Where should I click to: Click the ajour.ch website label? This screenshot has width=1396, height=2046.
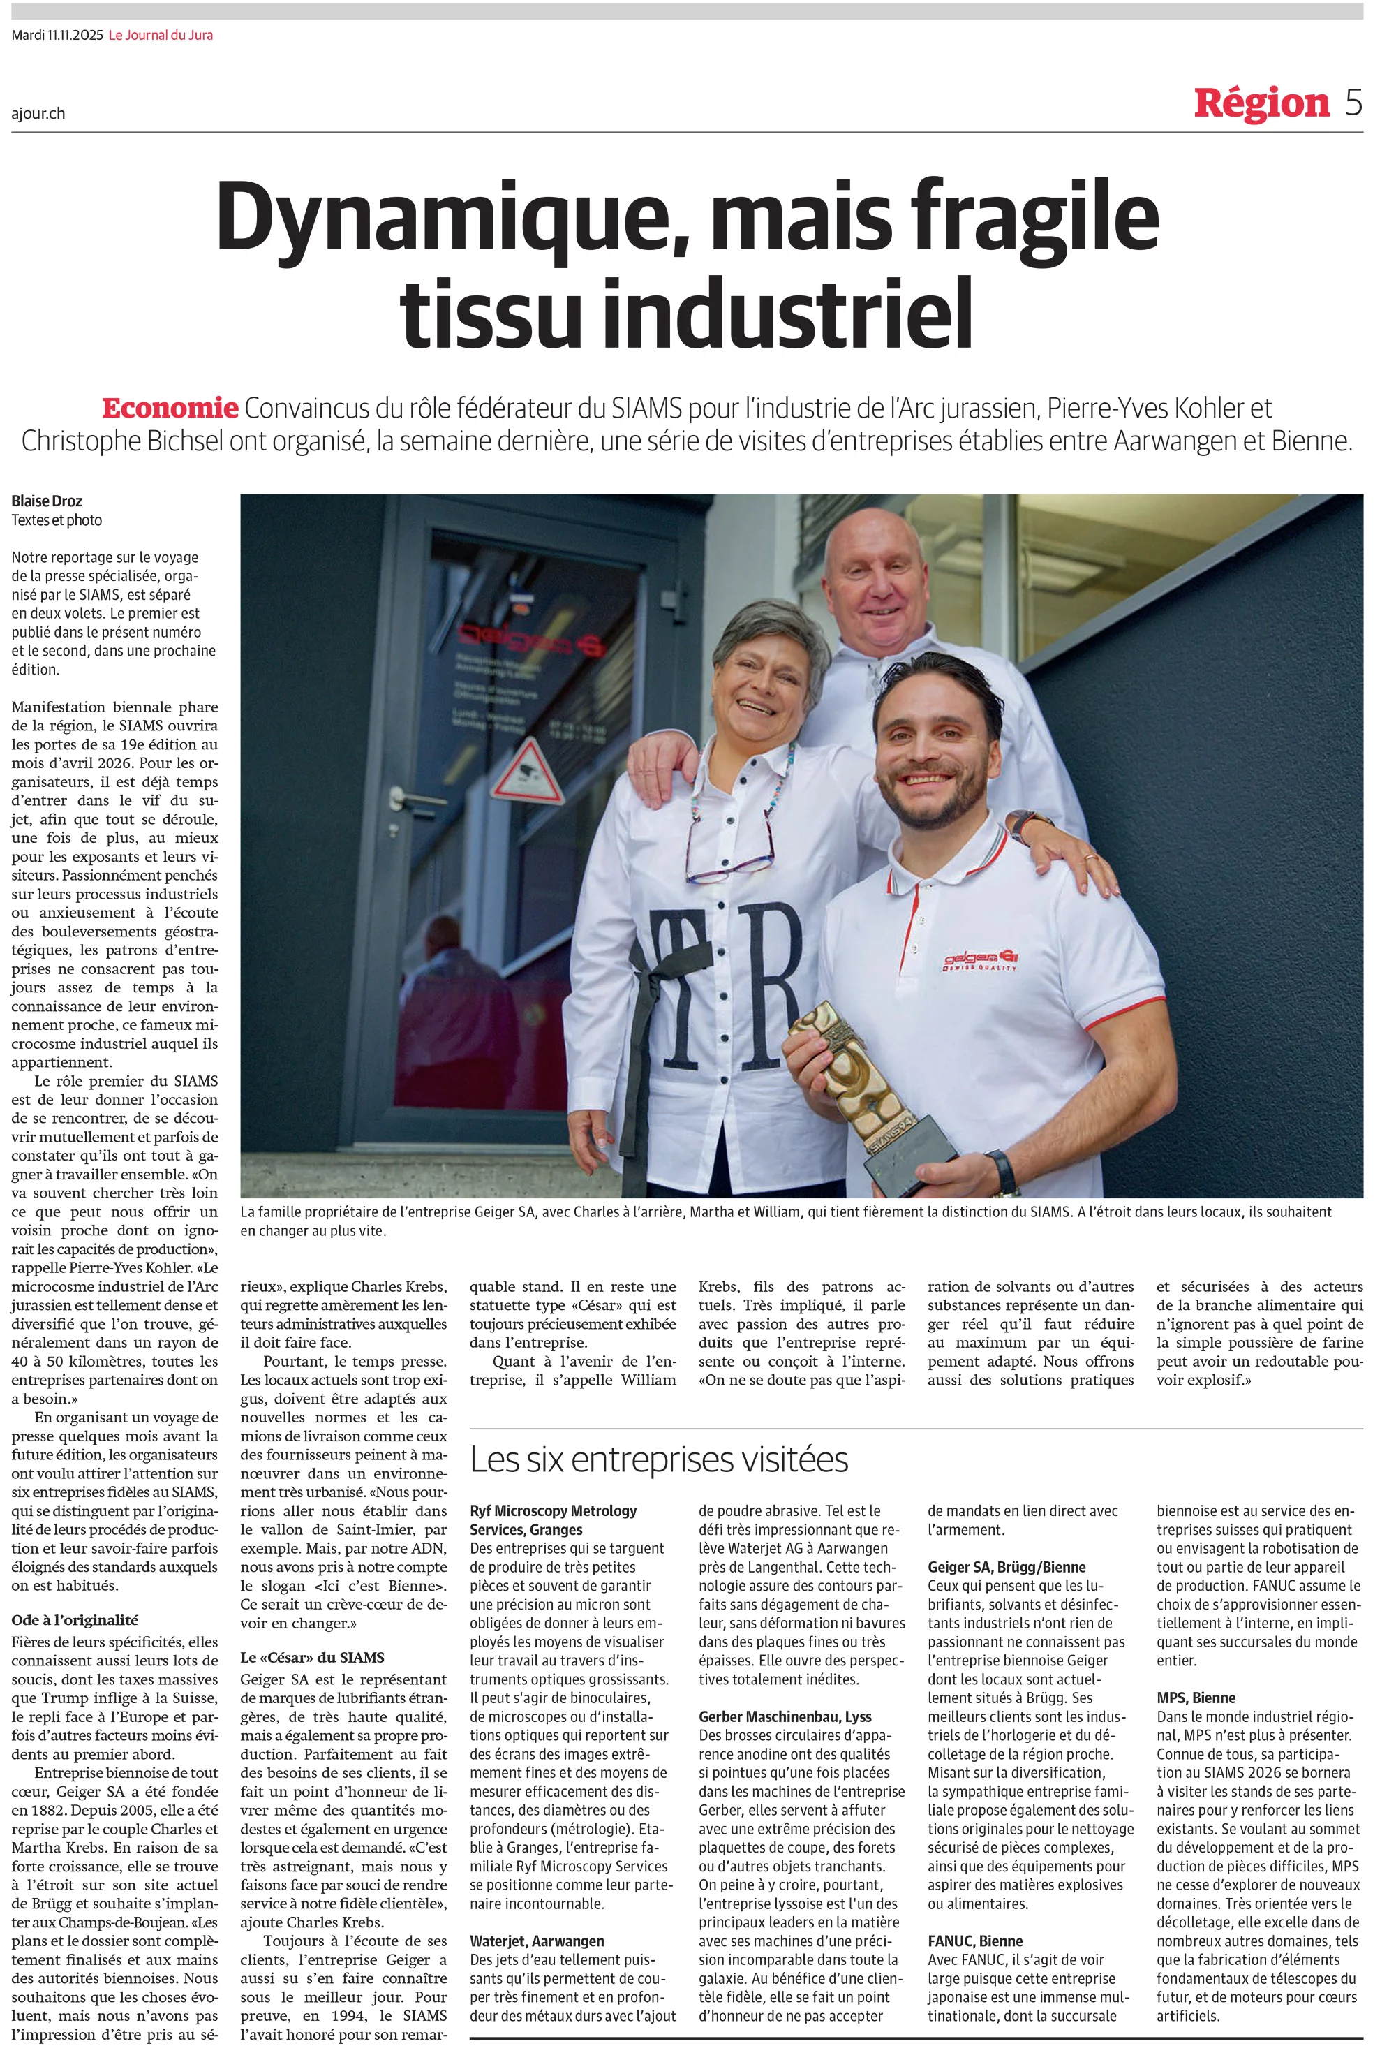point(38,114)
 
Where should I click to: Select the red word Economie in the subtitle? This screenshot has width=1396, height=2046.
point(170,409)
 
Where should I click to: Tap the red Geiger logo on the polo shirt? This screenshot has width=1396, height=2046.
point(981,959)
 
